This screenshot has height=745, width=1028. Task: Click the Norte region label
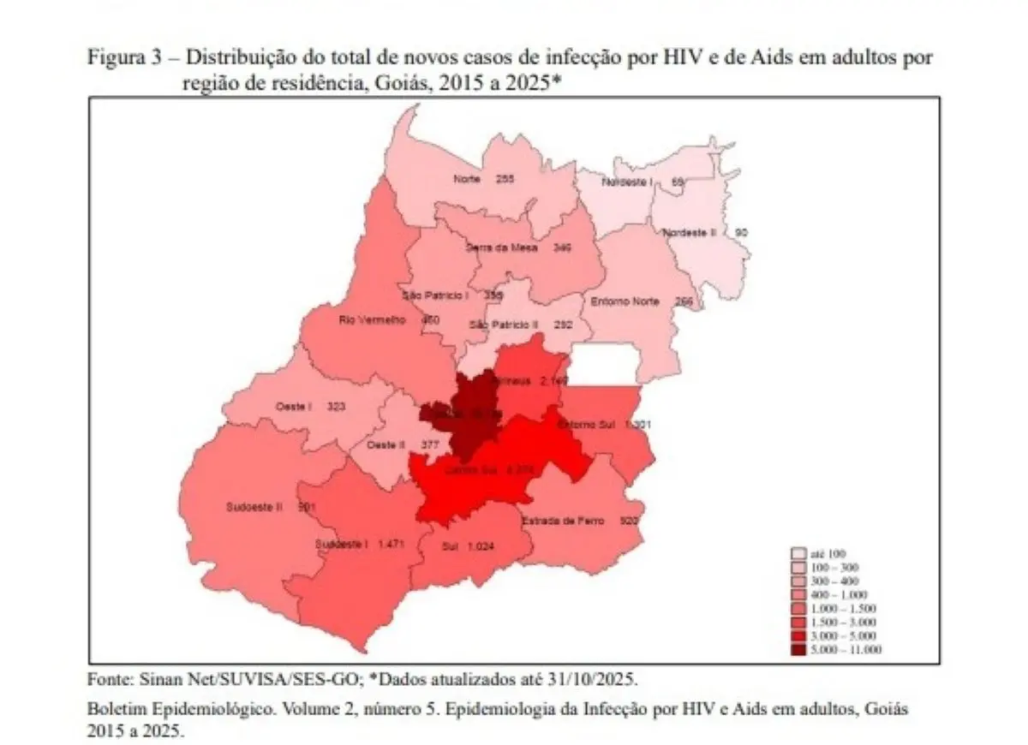[467, 180]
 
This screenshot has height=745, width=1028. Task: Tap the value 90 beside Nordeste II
[741, 233]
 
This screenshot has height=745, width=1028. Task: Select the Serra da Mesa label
[501, 247]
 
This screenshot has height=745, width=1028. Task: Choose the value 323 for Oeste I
[336, 408]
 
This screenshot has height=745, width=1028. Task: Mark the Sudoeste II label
[254, 507]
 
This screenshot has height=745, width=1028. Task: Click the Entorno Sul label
[587, 426]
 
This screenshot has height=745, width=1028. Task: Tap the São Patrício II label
[504, 325]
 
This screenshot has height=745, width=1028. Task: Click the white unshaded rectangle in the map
[604, 365]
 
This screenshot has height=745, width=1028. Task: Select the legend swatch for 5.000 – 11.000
[798, 650]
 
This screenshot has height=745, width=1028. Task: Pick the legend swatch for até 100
[798, 554]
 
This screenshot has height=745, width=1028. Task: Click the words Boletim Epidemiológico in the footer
[158, 710]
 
